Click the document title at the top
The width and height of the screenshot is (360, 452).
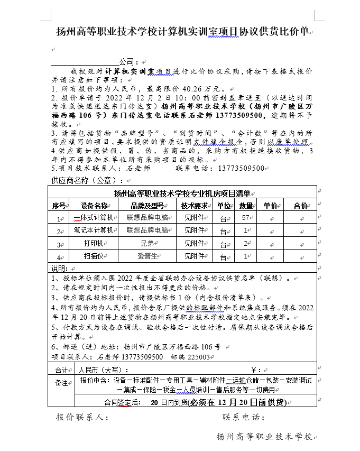(182, 31)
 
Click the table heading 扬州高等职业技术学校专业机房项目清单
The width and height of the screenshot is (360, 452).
(182, 193)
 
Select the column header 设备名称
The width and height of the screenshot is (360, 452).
(94, 205)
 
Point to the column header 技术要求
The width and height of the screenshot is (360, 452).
(194, 205)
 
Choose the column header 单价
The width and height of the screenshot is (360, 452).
(270, 205)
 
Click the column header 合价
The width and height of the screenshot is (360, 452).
(300, 205)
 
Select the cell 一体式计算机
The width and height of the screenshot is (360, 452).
(94, 217)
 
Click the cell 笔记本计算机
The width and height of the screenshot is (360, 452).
(94, 230)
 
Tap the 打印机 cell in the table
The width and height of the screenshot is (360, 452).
(94, 243)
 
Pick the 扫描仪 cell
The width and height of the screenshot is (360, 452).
(94, 256)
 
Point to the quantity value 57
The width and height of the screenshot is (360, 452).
(245, 217)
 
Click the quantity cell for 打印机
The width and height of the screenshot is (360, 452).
(245, 243)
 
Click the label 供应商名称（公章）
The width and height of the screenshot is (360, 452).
(85, 180)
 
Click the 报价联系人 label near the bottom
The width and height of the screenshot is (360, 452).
(82, 418)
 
